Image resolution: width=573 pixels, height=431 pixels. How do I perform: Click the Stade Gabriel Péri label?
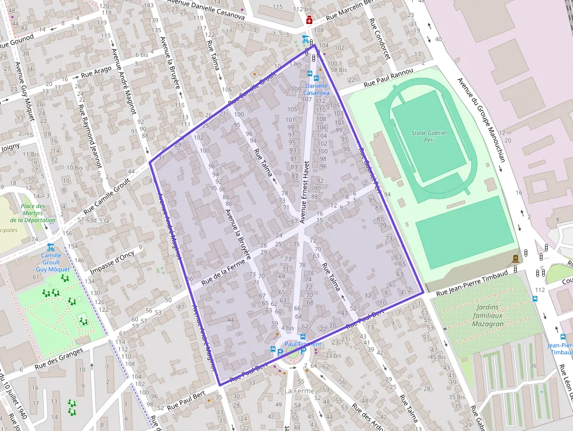429,136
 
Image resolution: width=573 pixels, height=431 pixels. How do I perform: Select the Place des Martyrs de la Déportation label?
33,213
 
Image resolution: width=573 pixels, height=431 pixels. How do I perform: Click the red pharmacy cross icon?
309,20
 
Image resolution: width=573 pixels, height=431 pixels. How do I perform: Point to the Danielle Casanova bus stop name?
316,89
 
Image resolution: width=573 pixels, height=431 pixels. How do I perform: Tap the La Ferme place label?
299,390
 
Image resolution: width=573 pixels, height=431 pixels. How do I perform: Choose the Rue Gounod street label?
17,41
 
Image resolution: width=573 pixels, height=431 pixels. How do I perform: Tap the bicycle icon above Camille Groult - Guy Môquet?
51,247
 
